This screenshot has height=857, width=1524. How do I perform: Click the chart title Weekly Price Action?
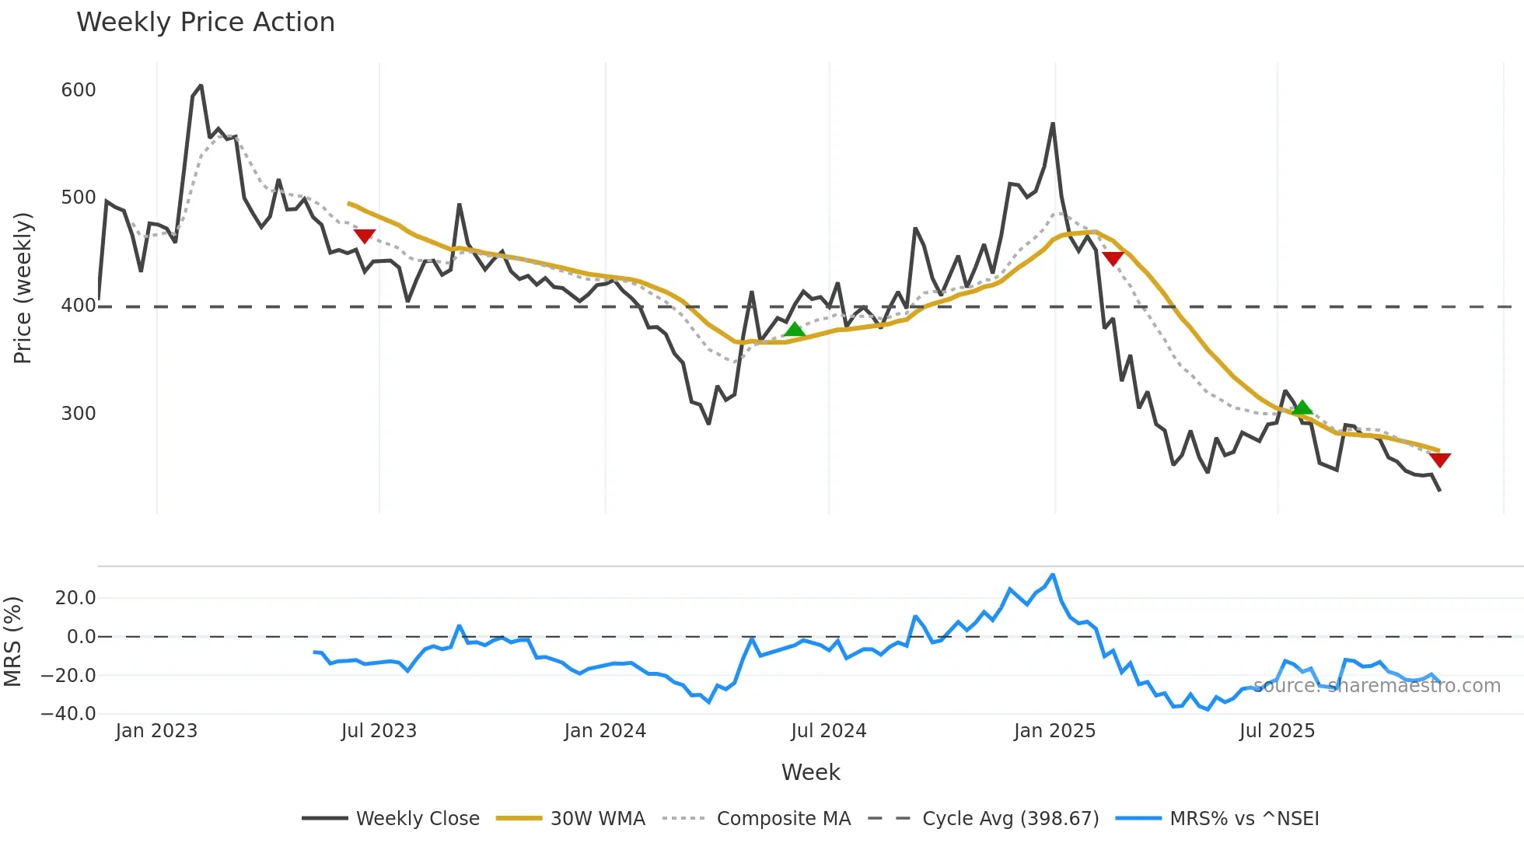tap(205, 23)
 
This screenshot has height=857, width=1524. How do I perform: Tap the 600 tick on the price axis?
tap(79, 90)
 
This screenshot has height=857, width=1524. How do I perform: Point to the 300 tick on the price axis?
tap(79, 414)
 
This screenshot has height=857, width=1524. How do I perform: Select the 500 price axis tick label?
tap(79, 198)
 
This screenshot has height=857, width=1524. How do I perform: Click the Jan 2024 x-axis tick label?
tap(605, 731)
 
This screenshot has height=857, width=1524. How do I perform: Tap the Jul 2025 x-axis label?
tap(1277, 731)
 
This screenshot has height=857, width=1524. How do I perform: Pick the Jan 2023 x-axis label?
tap(156, 731)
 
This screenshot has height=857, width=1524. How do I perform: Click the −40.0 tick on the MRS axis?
tap(68, 714)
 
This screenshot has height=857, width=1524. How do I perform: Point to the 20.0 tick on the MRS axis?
tap(75, 598)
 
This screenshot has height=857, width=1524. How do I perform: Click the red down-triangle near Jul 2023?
tap(364, 236)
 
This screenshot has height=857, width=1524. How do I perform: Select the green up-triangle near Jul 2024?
tap(794, 330)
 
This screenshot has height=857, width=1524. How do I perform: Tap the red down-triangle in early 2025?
tap(1113, 258)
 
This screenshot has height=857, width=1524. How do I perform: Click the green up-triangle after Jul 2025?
tap(1302, 408)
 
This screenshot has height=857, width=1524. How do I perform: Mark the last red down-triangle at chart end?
tap(1439, 460)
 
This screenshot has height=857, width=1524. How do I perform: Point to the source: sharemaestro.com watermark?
tap(1376, 686)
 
